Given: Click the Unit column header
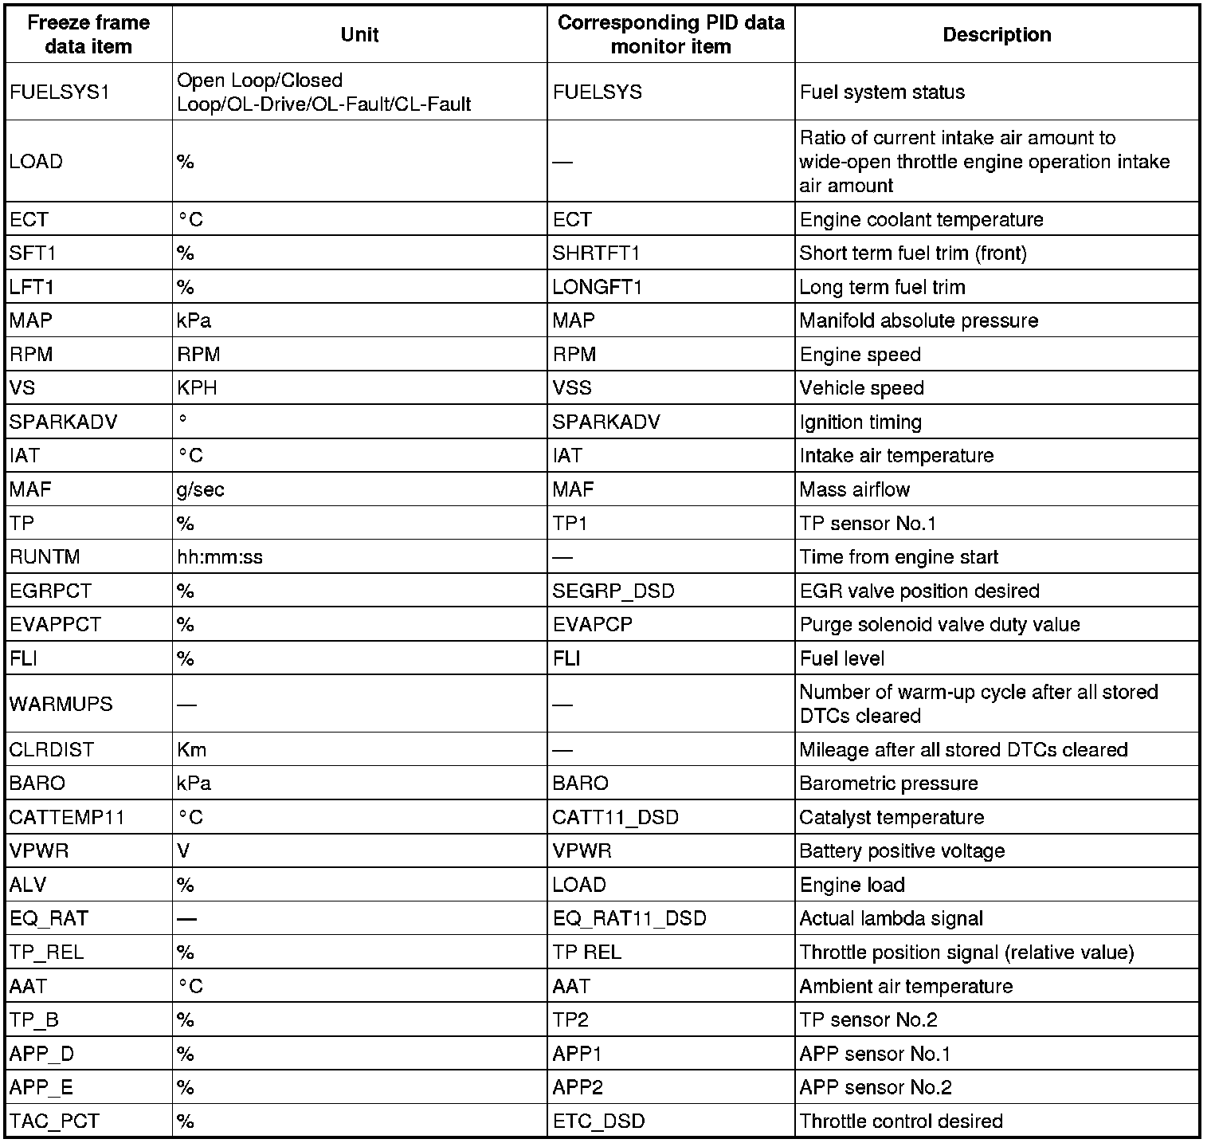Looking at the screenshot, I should [359, 35].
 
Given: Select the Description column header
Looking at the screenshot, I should [997, 35].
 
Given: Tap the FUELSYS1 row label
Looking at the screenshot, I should [59, 92].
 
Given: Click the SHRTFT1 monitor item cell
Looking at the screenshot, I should [597, 253].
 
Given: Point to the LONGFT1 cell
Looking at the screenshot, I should [598, 287].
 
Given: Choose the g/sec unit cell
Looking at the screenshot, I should [201, 489].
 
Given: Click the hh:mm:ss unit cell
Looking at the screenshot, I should [220, 557].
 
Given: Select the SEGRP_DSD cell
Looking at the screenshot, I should [613, 591].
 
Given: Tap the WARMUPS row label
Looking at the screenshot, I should [61, 705].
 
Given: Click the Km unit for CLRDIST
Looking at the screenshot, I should [192, 750].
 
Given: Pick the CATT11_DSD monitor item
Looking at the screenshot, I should [616, 818].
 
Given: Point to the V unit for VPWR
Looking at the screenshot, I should [184, 851].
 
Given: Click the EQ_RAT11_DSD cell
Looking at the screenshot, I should [629, 919].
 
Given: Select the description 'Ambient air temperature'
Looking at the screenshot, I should [906, 987].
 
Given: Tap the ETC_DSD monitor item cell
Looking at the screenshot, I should [599, 1121].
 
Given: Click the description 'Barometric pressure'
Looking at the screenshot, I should [888, 784].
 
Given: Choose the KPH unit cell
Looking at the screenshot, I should [197, 388].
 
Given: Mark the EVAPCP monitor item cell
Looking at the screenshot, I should [593, 625].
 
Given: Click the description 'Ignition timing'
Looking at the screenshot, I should [860, 422].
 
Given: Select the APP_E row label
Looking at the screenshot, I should [41, 1088].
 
